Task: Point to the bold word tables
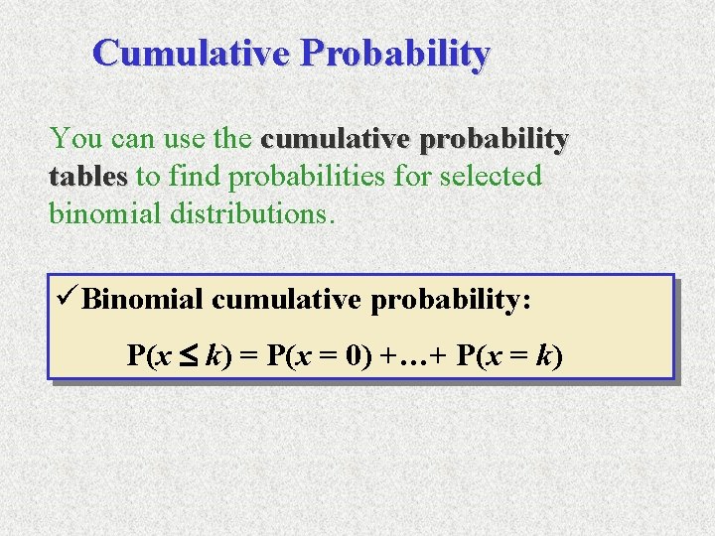[88, 177]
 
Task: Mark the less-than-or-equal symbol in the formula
[191, 355]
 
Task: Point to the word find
[195, 177]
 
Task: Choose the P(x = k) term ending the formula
[509, 355]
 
